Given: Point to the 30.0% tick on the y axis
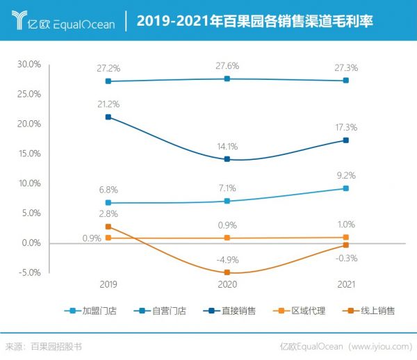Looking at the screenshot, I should (29, 64).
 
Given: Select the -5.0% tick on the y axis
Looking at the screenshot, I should (29, 272).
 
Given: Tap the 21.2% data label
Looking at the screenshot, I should (109, 104).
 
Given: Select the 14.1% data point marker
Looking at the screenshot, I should (227, 159).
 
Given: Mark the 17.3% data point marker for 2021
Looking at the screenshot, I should (345, 140).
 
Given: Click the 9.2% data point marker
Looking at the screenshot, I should (345, 188).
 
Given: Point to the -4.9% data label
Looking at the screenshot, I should (227, 260).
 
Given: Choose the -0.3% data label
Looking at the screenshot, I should (345, 258).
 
